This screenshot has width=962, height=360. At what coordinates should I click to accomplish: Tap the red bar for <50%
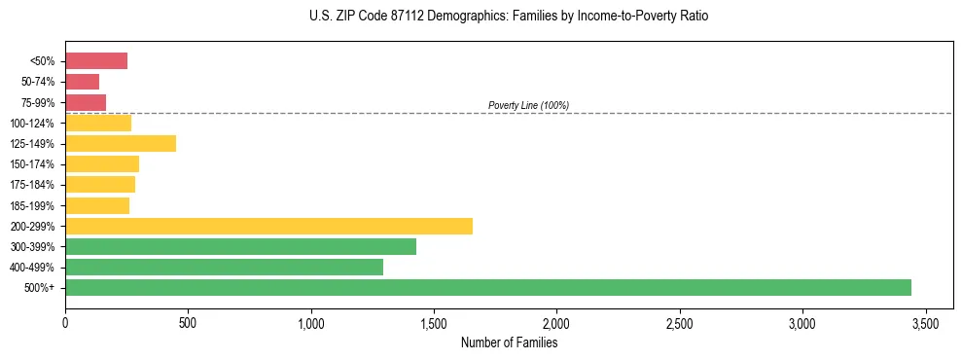pyautogui.click(x=96, y=61)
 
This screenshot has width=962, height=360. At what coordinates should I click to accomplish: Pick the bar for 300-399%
pyautogui.click(x=240, y=246)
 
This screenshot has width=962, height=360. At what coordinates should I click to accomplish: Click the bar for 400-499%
pyautogui.click(x=224, y=267)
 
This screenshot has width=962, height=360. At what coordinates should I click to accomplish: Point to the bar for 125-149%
pyautogui.click(x=121, y=143)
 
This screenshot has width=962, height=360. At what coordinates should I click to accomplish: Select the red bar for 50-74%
pyautogui.click(x=82, y=82)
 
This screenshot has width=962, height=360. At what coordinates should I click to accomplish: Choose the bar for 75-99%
pyautogui.click(x=86, y=102)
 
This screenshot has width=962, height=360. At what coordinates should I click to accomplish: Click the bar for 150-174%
pyautogui.click(x=102, y=163)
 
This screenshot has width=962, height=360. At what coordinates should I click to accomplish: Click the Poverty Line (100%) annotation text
pyautogui.click(x=528, y=105)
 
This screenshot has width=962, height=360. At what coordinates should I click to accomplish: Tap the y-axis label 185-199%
pyautogui.click(x=32, y=205)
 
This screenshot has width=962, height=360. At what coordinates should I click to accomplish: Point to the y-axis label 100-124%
pyautogui.click(x=32, y=124)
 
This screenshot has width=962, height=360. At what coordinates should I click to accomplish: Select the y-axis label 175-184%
pyautogui.click(x=32, y=185)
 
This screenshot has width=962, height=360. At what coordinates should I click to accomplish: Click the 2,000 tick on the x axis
pyautogui.click(x=556, y=322)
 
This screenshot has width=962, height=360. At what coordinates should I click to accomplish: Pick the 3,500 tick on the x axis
pyautogui.click(x=925, y=322)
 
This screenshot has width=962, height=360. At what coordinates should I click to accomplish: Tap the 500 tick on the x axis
pyautogui.click(x=188, y=322)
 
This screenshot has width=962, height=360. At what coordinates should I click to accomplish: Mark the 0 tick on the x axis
pyautogui.click(x=65, y=322)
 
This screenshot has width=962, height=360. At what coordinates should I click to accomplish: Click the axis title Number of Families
pyautogui.click(x=509, y=342)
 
